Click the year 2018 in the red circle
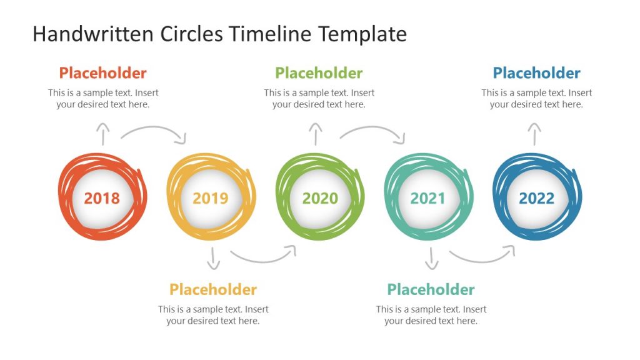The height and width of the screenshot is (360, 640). click(x=102, y=199)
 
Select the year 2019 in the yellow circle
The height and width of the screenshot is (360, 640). click(x=211, y=199)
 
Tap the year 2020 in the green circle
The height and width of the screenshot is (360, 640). click(x=320, y=199)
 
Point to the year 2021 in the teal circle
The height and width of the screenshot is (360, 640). click(x=428, y=199)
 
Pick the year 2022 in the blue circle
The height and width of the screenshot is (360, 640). click(x=537, y=199)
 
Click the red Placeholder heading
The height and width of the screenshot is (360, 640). click(x=103, y=73)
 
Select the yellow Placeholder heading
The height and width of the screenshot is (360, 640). click(x=213, y=289)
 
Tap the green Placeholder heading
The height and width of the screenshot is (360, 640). click(x=319, y=73)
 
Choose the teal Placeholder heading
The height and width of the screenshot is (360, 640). click(x=431, y=289)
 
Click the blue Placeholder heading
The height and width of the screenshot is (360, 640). click(x=536, y=73)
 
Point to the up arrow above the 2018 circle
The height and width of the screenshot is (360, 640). click(x=103, y=134)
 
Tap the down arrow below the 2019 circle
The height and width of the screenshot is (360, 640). click(x=214, y=258)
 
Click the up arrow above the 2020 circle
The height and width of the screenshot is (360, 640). click(x=316, y=134)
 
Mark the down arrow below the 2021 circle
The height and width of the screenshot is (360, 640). click(x=431, y=258)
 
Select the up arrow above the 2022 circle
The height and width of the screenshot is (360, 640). click(x=534, y=134)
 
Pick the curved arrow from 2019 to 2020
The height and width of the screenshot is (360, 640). click(x=262, y=256)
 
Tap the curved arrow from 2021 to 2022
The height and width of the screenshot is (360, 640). click(x=481, y=256)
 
